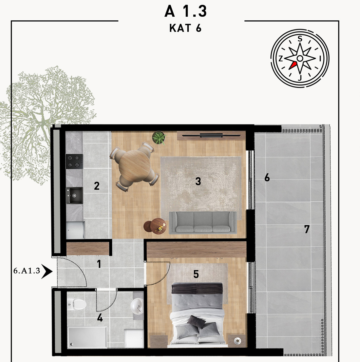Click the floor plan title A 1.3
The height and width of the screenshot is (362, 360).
click(x=185, y=11)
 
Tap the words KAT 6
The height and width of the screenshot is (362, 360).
click(x=185, y=28)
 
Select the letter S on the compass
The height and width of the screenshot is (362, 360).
click(x=300, y=39)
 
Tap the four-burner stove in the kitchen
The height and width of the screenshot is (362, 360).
click(x=74, y=162)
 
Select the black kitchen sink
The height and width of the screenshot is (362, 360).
click(x=74, y=195)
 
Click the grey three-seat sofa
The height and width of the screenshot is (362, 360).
click(x=203, y=222)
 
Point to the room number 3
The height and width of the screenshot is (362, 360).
click(x=198, y=181)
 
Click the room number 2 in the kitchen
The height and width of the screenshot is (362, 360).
click(x=97, y=186)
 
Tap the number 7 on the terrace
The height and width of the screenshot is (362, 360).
click(x=306, y=229)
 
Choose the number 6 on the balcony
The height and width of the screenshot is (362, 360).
click(x=267, y=178)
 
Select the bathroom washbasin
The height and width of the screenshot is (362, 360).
click(x=137, y=306)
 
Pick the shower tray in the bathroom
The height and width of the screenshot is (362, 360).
click(x=87, y=337)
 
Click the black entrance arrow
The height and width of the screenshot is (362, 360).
click(x=47, y=271)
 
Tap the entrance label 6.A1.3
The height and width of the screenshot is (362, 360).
click(x=27, y=271)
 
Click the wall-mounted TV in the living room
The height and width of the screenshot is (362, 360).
click(x=211, y=135)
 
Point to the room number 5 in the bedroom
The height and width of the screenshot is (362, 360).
click(x=196, y=274)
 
